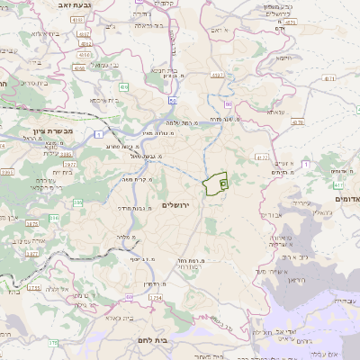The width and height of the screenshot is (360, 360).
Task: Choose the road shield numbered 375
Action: [x=52, y=342]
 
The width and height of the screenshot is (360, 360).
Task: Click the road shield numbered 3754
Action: [x=33, y=288]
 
